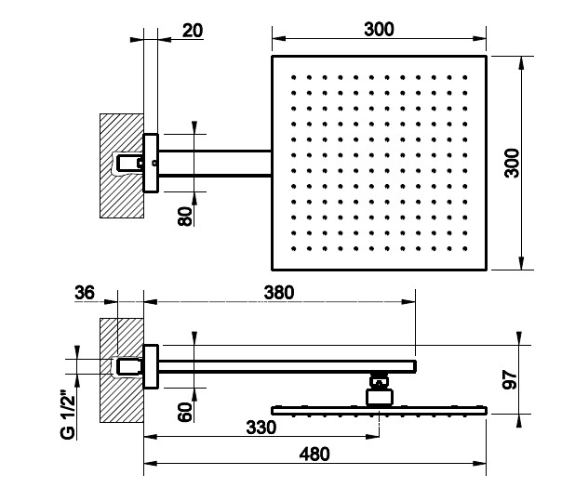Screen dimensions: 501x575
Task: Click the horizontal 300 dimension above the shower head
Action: [x=379, y=29]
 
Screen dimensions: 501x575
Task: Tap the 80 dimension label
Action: [x=185, y=217]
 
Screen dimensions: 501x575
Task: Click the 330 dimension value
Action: [x=261, y=428]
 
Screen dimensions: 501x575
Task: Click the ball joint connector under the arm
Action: [x=379, y=389]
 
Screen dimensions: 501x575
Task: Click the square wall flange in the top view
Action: [x=151, y=163]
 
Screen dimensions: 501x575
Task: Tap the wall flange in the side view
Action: [x=151, y=364]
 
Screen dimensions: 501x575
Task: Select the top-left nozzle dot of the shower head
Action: [x=293, y=76]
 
